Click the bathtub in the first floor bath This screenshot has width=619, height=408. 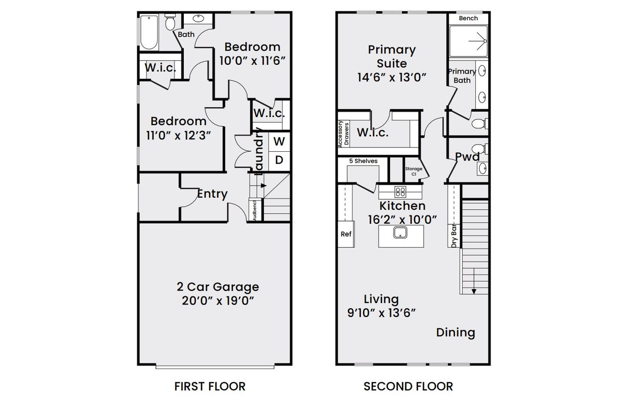(149, 32)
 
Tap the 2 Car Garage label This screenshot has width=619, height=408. (217, 287)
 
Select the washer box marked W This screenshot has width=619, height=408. (279, 142)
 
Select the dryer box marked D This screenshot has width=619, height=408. (279, 160)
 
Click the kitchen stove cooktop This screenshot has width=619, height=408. (400, 191)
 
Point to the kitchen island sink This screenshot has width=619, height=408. (400, 233)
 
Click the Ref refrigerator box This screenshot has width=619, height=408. (346, 234)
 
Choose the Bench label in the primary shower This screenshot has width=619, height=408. (468, 18)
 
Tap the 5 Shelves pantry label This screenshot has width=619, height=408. (363, 161)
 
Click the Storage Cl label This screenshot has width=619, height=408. (413, 171)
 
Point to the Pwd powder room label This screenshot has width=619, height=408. (467, 157)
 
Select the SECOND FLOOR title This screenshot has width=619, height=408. (408, 386)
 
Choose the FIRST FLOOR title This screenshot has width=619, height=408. (210, 386)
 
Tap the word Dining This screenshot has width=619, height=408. (456, 333)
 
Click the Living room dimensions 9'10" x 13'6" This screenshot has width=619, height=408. (382, 313)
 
